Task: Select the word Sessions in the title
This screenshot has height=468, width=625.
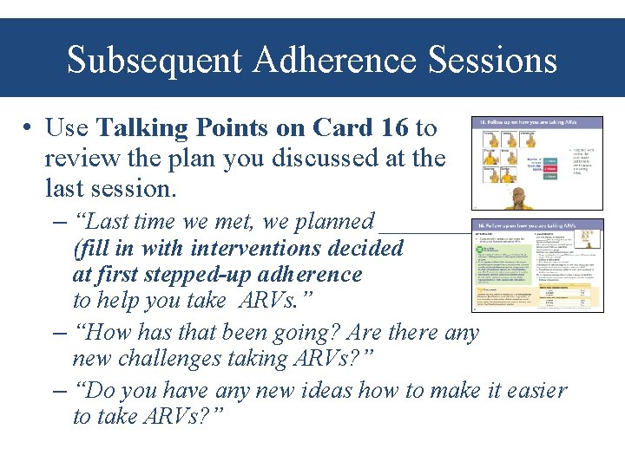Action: pyautogui.click(x=495, y=61)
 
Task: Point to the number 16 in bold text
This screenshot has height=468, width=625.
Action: pyautogui.click(x=393, y=128)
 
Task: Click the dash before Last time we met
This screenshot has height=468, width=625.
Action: pyautogui.click(x=60, y=222)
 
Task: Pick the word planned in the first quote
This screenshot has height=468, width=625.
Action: pyautogui.click(x=334, y=222)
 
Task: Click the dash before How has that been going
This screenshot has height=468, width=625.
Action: pyautogui.click(x=60, y=332)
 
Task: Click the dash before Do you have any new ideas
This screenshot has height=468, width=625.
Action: pyautogui.click(x=60, y=391)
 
